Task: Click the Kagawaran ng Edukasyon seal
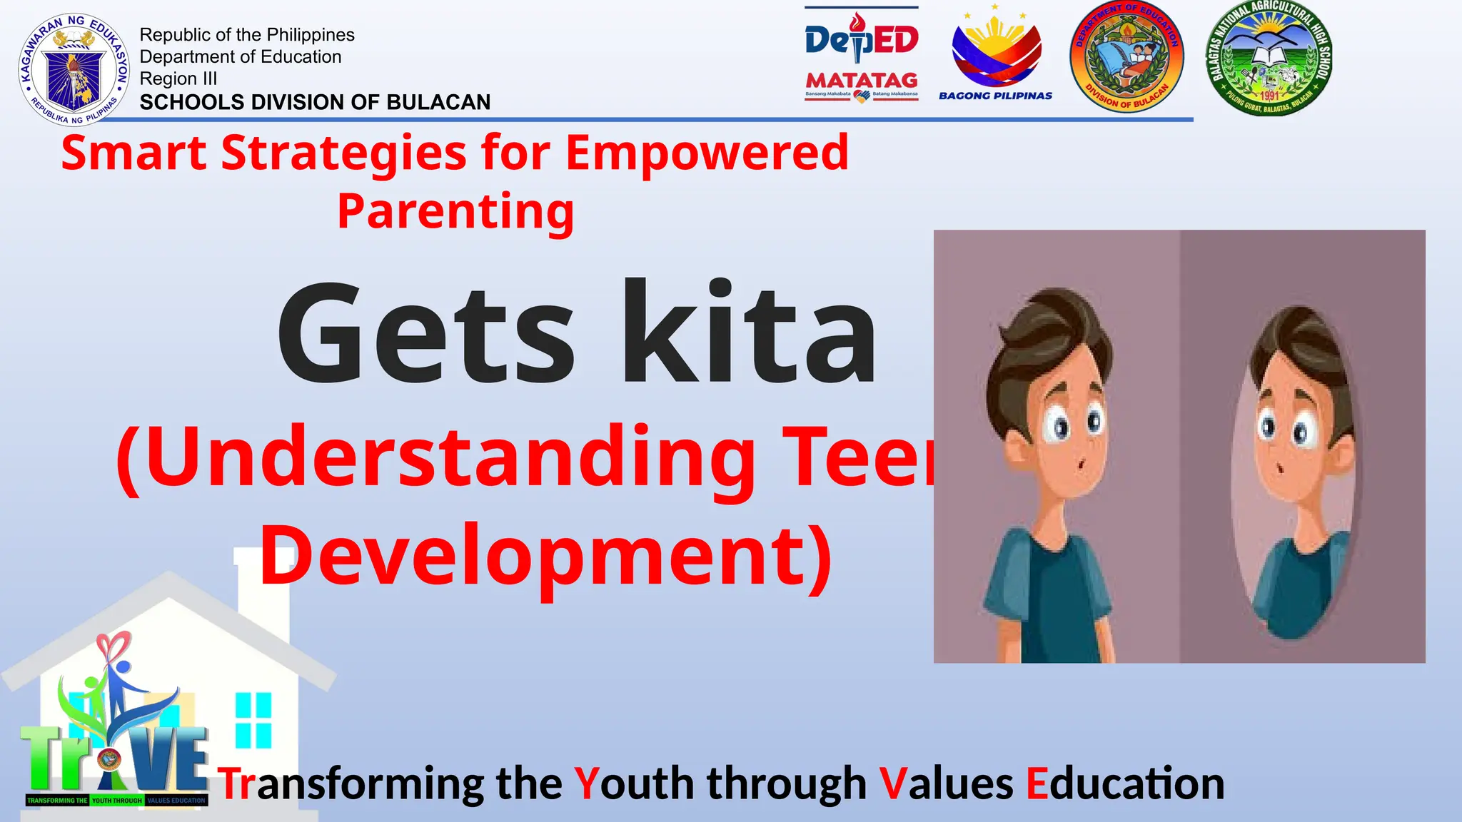[x=74, y=69]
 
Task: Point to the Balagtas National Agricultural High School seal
[x=1269, y=57]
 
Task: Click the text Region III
[x=178, y=78]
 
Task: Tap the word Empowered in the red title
[x=707, y=153]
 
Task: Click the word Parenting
[x=455, y=211]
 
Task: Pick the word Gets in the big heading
[x=425, y=334]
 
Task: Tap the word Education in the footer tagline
[x=1125, y=783]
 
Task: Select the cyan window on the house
[x=253, y=719]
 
